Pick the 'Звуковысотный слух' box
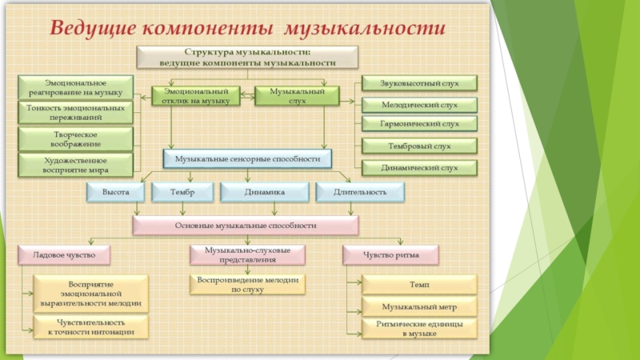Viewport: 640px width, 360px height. coord(419,82)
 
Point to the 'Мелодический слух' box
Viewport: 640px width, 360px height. coord(419,104)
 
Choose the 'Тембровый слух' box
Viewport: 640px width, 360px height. coord(419,146)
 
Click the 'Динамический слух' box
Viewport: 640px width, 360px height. coord(419,168)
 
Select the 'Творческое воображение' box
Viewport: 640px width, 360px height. coord(77,138)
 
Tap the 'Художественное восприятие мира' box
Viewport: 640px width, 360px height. coord(77,165)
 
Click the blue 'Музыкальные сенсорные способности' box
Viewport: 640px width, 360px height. coord(246,159)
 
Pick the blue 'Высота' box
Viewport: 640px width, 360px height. coord(115,192)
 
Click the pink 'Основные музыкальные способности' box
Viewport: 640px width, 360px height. coord(246,226)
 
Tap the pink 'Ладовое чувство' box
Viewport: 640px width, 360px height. coord(64,254)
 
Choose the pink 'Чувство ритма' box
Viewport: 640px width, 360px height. coord(391,254)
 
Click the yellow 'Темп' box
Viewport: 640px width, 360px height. coord(419,283)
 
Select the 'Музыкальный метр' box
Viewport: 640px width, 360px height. coord(419,306)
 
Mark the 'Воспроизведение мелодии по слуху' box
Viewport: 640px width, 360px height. coord(246,286)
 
